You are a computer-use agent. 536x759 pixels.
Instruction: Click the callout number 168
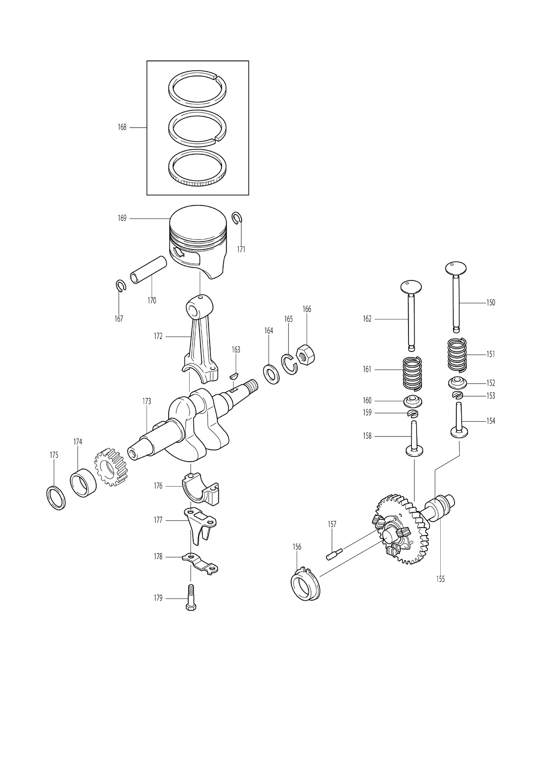[x=122, y=128]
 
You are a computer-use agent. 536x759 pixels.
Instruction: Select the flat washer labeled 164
[x=271, y=374]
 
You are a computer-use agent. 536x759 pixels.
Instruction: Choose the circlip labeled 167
[x=120, y=285]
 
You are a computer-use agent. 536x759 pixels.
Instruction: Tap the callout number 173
[x=146, y=401]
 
